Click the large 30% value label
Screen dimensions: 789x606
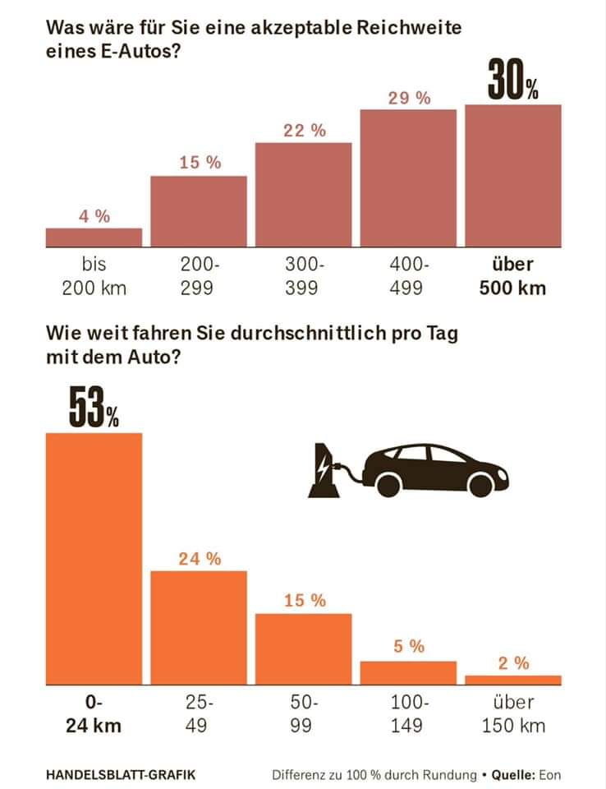pos(513,81)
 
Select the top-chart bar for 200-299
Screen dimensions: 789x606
pos(199,211)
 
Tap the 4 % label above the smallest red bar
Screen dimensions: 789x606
pos(94,217)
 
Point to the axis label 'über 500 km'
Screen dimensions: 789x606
pos(513,276)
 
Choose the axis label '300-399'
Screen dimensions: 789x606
pos(304,276)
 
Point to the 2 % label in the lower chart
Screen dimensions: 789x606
pos(513,663)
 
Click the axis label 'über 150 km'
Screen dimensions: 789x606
pos(513,714)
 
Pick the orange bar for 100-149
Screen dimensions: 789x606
pos(408,671)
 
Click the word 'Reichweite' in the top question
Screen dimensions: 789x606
pos(404,28)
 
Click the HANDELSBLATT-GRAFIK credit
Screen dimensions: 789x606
pos(121,774)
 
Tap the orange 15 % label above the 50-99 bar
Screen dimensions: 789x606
pos(304,601)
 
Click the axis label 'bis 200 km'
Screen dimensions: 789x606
pos(94,276)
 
